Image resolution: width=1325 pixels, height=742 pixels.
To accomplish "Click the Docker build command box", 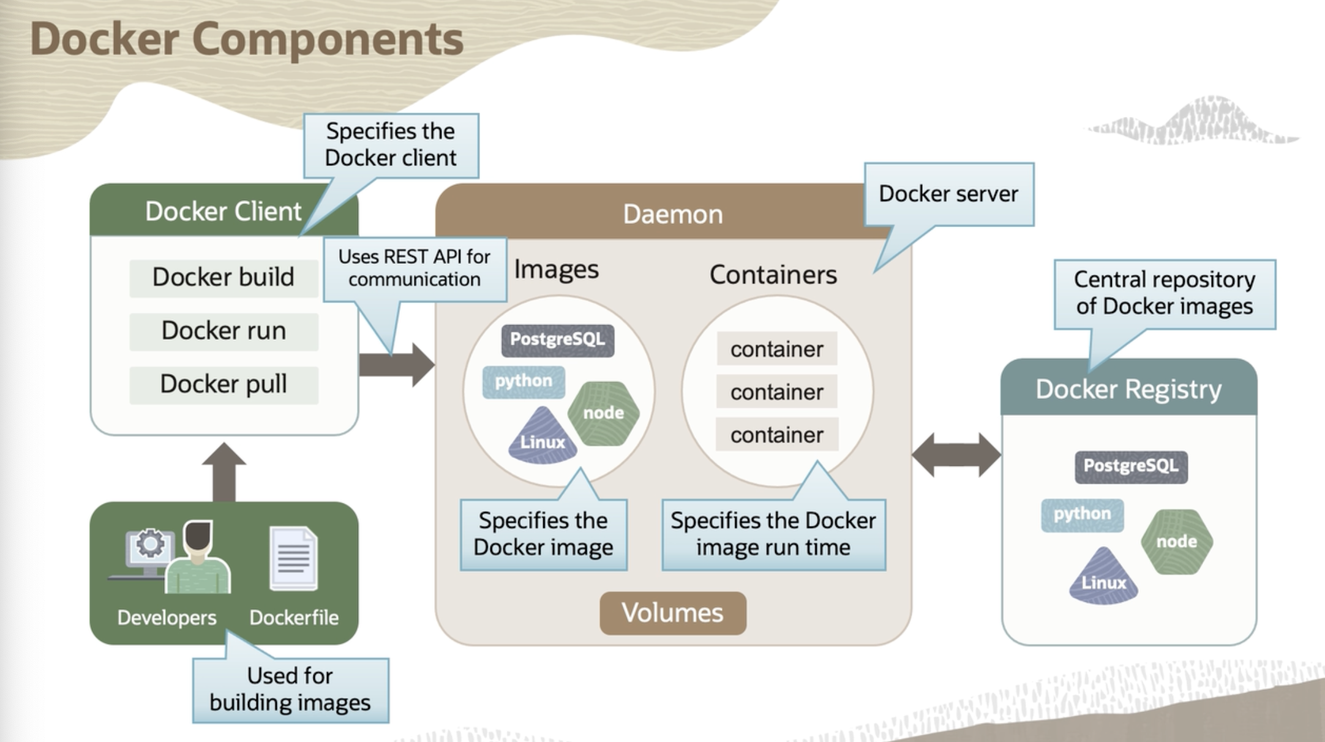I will point(223,277).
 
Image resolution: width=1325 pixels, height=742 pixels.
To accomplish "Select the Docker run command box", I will point(223,331).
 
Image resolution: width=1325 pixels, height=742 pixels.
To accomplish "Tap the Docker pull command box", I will point(223,384).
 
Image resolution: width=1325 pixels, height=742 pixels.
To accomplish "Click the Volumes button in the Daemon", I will point(672,613).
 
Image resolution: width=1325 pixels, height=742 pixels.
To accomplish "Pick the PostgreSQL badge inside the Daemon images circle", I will point(557,340).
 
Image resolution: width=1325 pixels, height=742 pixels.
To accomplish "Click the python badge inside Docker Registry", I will point(1082,514).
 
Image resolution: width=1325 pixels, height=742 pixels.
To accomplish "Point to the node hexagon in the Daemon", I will point(604,413).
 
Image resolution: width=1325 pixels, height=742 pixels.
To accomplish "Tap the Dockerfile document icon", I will point(294,558).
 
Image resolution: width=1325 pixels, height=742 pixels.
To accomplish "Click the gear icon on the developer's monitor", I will point(150,543).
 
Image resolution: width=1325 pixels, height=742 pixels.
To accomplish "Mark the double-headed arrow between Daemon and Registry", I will point(956,455).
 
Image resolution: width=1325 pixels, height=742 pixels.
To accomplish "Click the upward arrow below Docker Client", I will point(224,471).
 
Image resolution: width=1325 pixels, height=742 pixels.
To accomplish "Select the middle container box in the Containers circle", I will point(776,392).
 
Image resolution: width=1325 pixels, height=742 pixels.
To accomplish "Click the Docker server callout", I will point(948,194).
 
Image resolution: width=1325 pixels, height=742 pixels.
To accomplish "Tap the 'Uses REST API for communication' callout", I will point(415,268).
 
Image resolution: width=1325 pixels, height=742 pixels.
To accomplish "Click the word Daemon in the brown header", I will point(672,214).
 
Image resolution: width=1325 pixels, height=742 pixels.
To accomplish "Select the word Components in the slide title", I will point(328,39).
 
